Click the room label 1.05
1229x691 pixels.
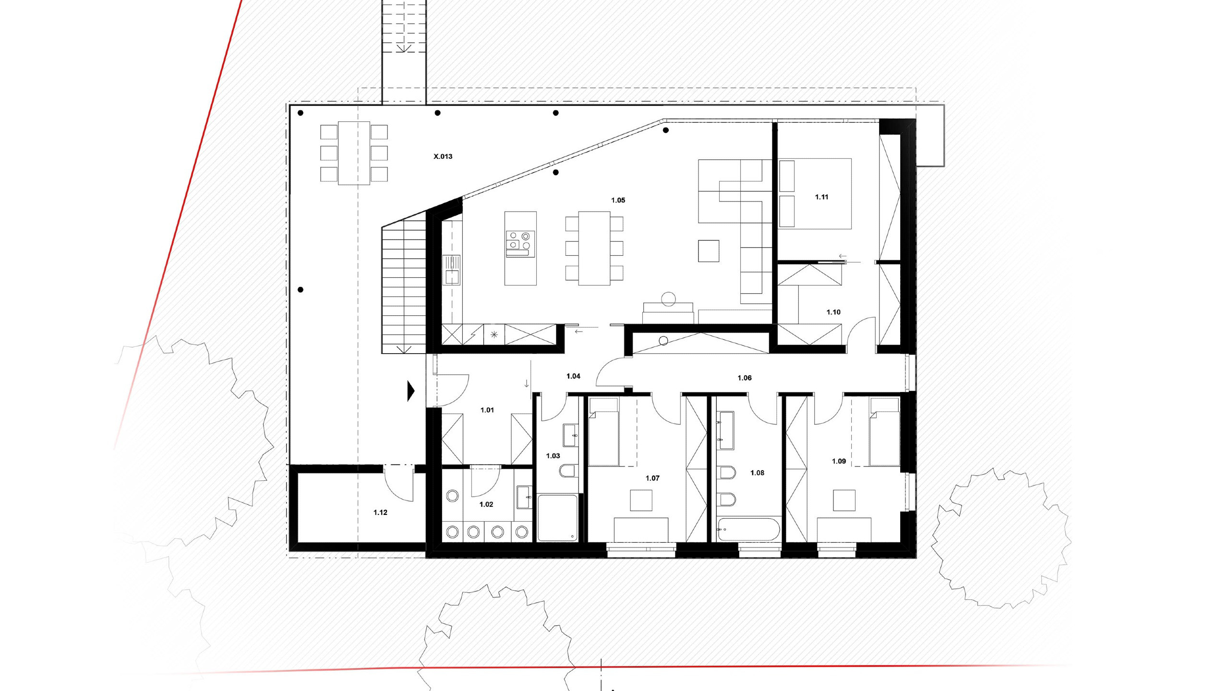tap(618, 200)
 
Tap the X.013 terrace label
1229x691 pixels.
tap(443, 156)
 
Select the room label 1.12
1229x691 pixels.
tap(380, 512)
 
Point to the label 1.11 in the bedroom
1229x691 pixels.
tap(821, 197)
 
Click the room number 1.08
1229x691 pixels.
tap(757, 473)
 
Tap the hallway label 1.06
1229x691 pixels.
tap(745, 378)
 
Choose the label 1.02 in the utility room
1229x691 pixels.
tap(486, 504)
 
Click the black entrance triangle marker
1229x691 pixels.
tap(411, 391)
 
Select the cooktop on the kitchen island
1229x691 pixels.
tap(520, 243)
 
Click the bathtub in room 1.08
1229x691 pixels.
tap(748, 529)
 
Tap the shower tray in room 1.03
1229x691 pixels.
tap(557, 518)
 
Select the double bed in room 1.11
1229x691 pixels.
tap(815, 193)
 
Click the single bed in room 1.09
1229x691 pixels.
tap(884, 432)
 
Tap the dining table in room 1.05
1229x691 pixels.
tap(594, 248)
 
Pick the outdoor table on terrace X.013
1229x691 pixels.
tap(354, 153)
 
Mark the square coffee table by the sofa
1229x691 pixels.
tap(709, 250)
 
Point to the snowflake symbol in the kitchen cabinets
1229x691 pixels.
tap(494, 335)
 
